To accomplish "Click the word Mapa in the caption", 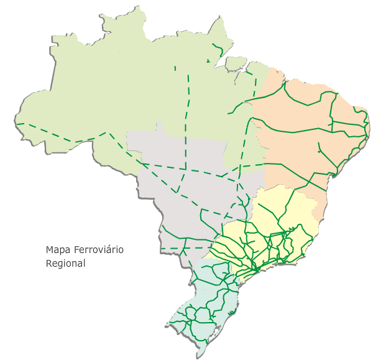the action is tap(58, 250).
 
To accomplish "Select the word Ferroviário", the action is tap(99, 250).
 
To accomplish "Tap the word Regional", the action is tap(65, 263).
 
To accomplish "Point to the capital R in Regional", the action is tap(49, 263).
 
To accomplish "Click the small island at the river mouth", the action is tap(236, 62).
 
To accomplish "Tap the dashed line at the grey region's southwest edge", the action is tap(180, 248).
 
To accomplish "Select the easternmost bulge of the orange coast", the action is tap(369, 127).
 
